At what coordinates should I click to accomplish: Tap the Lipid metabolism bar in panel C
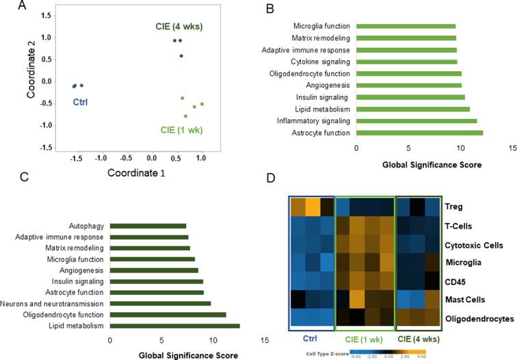[x=174, y=325]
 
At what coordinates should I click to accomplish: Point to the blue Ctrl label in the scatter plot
[x=81, y=103]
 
